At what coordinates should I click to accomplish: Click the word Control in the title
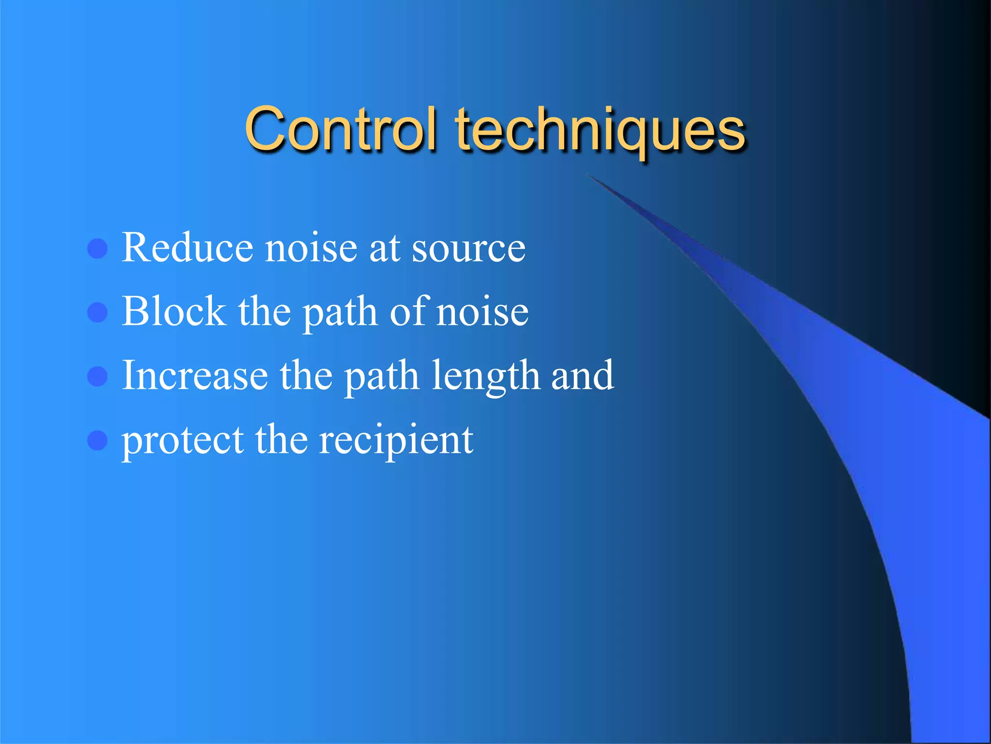(342, 129)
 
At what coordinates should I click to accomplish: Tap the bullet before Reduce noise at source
(97, 248)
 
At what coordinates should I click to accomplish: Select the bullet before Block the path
(97, 312)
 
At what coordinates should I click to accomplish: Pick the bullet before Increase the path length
(97, 376)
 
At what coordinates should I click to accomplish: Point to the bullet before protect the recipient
(97, 440)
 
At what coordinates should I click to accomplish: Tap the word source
(468, 248)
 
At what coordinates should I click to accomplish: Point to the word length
(485, 376)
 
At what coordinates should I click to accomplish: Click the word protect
(182, 441)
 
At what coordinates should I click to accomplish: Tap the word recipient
(396, 441)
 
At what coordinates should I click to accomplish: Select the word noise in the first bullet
(311, 248)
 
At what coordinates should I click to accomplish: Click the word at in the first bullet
(385, 248)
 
